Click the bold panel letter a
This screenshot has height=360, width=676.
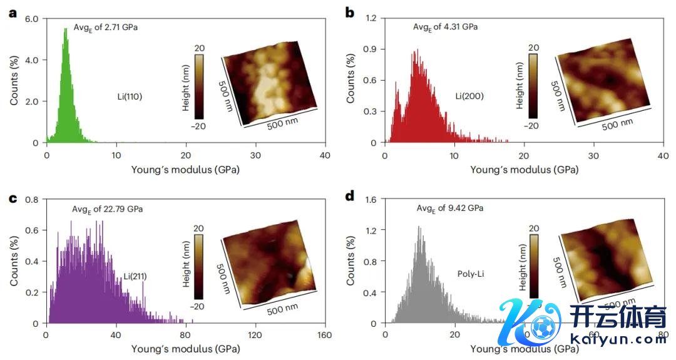pos(12,13)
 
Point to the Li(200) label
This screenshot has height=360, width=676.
pos(469,96)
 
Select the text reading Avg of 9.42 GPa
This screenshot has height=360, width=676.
pos(449,208)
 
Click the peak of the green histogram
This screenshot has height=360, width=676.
pos(64,29)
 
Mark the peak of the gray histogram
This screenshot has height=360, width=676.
pos(419,227)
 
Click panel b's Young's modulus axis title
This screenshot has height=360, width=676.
pos(524,169)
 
